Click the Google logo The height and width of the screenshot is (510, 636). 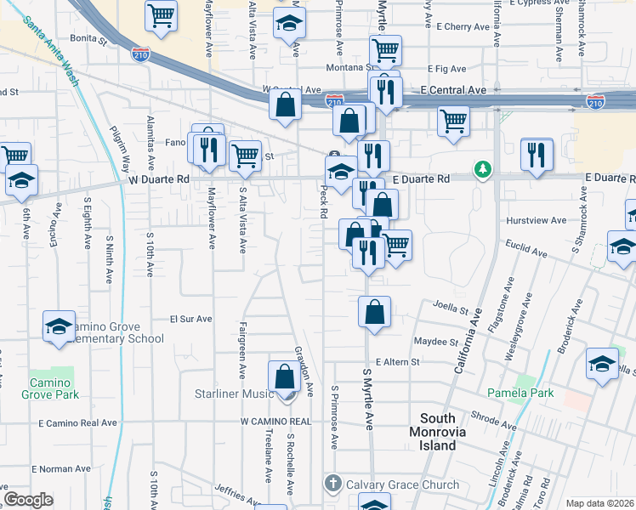click(x=28, y=500)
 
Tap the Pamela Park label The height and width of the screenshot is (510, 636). click(x=520, y=393)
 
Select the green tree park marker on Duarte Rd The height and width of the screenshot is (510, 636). click(x=483, y=169)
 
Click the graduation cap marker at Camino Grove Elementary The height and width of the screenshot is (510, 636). click(x=59, y=326)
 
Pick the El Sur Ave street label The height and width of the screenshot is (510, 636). click(x=190, y=319)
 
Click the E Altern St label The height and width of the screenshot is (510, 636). click(x=398, y=362)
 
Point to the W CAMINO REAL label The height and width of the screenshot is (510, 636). click(x=275, y=421)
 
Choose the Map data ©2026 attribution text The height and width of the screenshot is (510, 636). click(x=599, y=503)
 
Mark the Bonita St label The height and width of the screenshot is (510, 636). click(x=88, y=39)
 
